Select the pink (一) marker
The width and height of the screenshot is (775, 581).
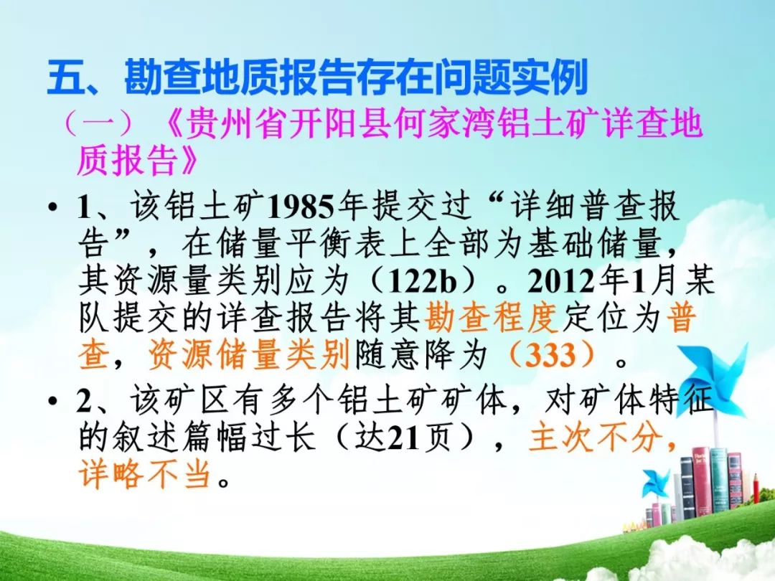pyautogui.click(x=99, y=123)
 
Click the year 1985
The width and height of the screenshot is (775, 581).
pyautogui.click(x=301, y=207)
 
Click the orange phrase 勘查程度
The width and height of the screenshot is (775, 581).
pyautogui.click(x=492, y=317)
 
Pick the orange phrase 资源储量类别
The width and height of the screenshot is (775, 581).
pyautogui.click(x=249, y=355)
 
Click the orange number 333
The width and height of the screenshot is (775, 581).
pyautogui.click(x=550, y=355)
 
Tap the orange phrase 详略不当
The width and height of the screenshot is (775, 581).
pyautogui.click(x=144, y=474)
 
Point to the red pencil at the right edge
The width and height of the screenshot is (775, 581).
pyautogui.click(x=756, y=489)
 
